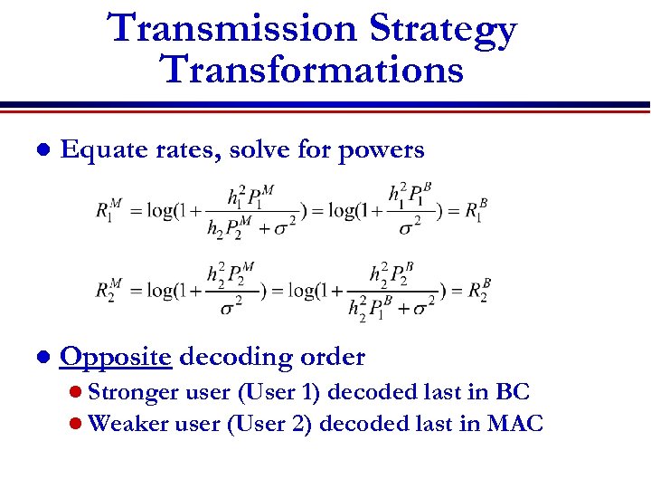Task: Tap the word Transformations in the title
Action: [x=312, y=70]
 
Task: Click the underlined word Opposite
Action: [x=115, y=358]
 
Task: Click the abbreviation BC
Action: [x=512, y=393]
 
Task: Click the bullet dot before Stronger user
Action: [x=77, y=394]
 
